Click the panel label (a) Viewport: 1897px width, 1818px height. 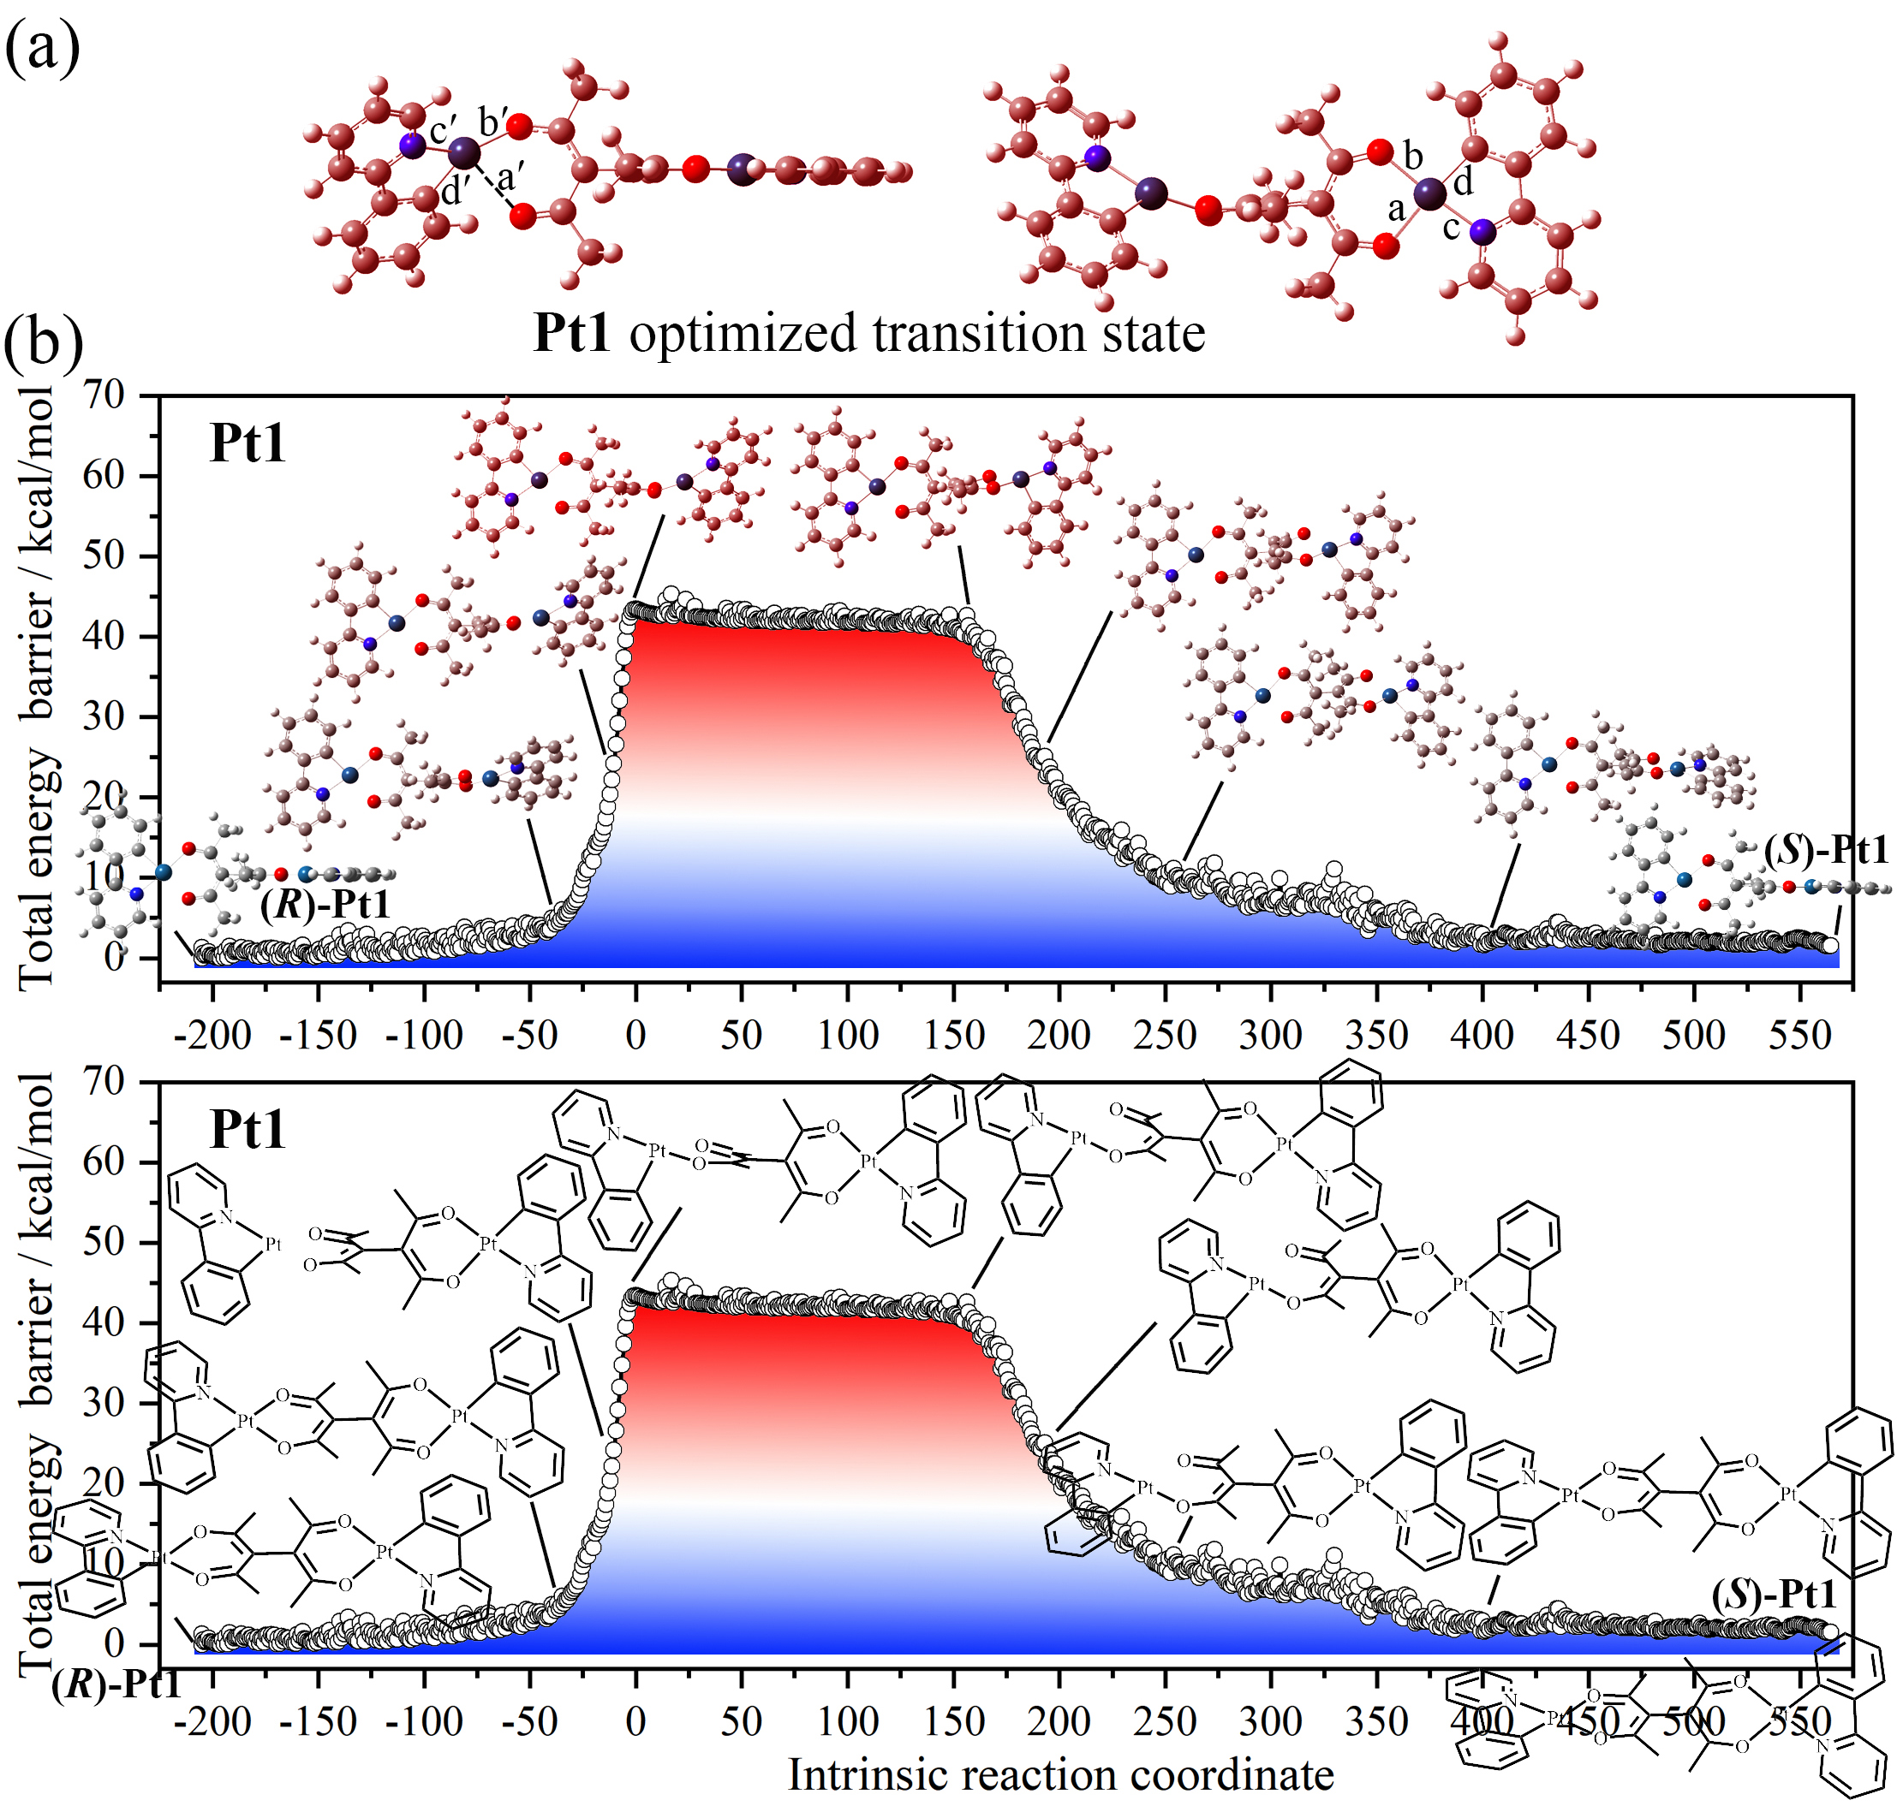(43, 49)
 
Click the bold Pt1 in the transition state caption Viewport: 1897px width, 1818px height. (572, 334)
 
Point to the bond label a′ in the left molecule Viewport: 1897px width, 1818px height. (510, 178)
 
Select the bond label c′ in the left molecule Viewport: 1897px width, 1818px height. (444, 129)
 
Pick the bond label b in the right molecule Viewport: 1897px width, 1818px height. (1413, 155)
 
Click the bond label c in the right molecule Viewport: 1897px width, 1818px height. (1451, 228)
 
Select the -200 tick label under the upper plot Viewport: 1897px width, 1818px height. (212, 1036)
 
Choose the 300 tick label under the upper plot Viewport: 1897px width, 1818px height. (1270, 1036)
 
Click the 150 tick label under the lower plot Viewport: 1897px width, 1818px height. (953, 1721)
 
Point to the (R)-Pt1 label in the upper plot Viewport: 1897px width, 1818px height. (325, 905)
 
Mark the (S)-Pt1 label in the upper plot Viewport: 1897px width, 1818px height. (1825, 851)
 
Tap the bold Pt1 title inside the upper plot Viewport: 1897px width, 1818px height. (248, 444)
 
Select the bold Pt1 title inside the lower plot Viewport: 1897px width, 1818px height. (248, 1129)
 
